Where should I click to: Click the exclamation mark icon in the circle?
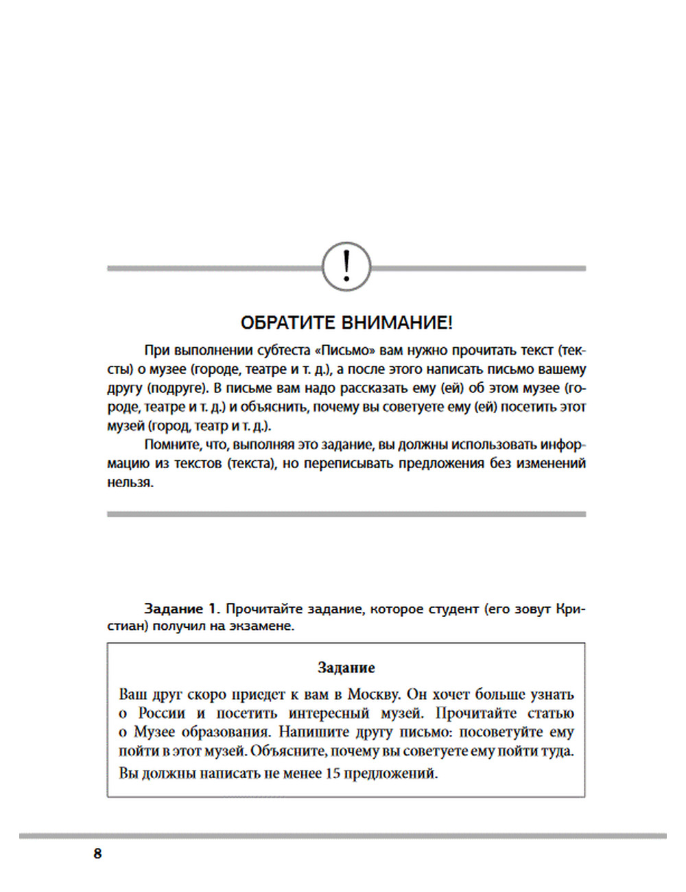point(346,266)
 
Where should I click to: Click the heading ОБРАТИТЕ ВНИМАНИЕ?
point(346,322)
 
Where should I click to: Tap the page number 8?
point(97,854)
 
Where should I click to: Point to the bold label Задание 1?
point(181,609)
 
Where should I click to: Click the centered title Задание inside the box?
point(346,668)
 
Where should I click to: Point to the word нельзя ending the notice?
point(130,482)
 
